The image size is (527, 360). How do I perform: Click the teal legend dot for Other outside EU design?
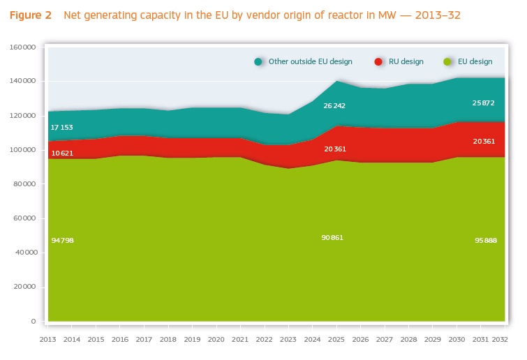[x=258, y=61]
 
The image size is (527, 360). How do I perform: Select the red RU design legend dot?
[x=378, y=61]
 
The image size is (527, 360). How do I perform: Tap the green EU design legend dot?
[x=447, y=61]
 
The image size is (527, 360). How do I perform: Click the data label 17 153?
[x=61, y=128]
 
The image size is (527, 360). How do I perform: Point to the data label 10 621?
[x=61, y=153]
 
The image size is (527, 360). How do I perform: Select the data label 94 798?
[x=61, y=240]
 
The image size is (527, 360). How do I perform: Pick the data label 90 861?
[x=334, y=238]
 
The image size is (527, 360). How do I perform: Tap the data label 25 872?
[x=484, y=103]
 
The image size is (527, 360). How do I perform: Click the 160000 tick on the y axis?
[x=24, y=47]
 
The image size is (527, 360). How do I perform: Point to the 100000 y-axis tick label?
[x=24, y=150]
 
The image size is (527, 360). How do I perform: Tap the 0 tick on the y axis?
[x=34, y=322]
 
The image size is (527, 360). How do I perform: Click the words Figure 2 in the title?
[x=31, y=15]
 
